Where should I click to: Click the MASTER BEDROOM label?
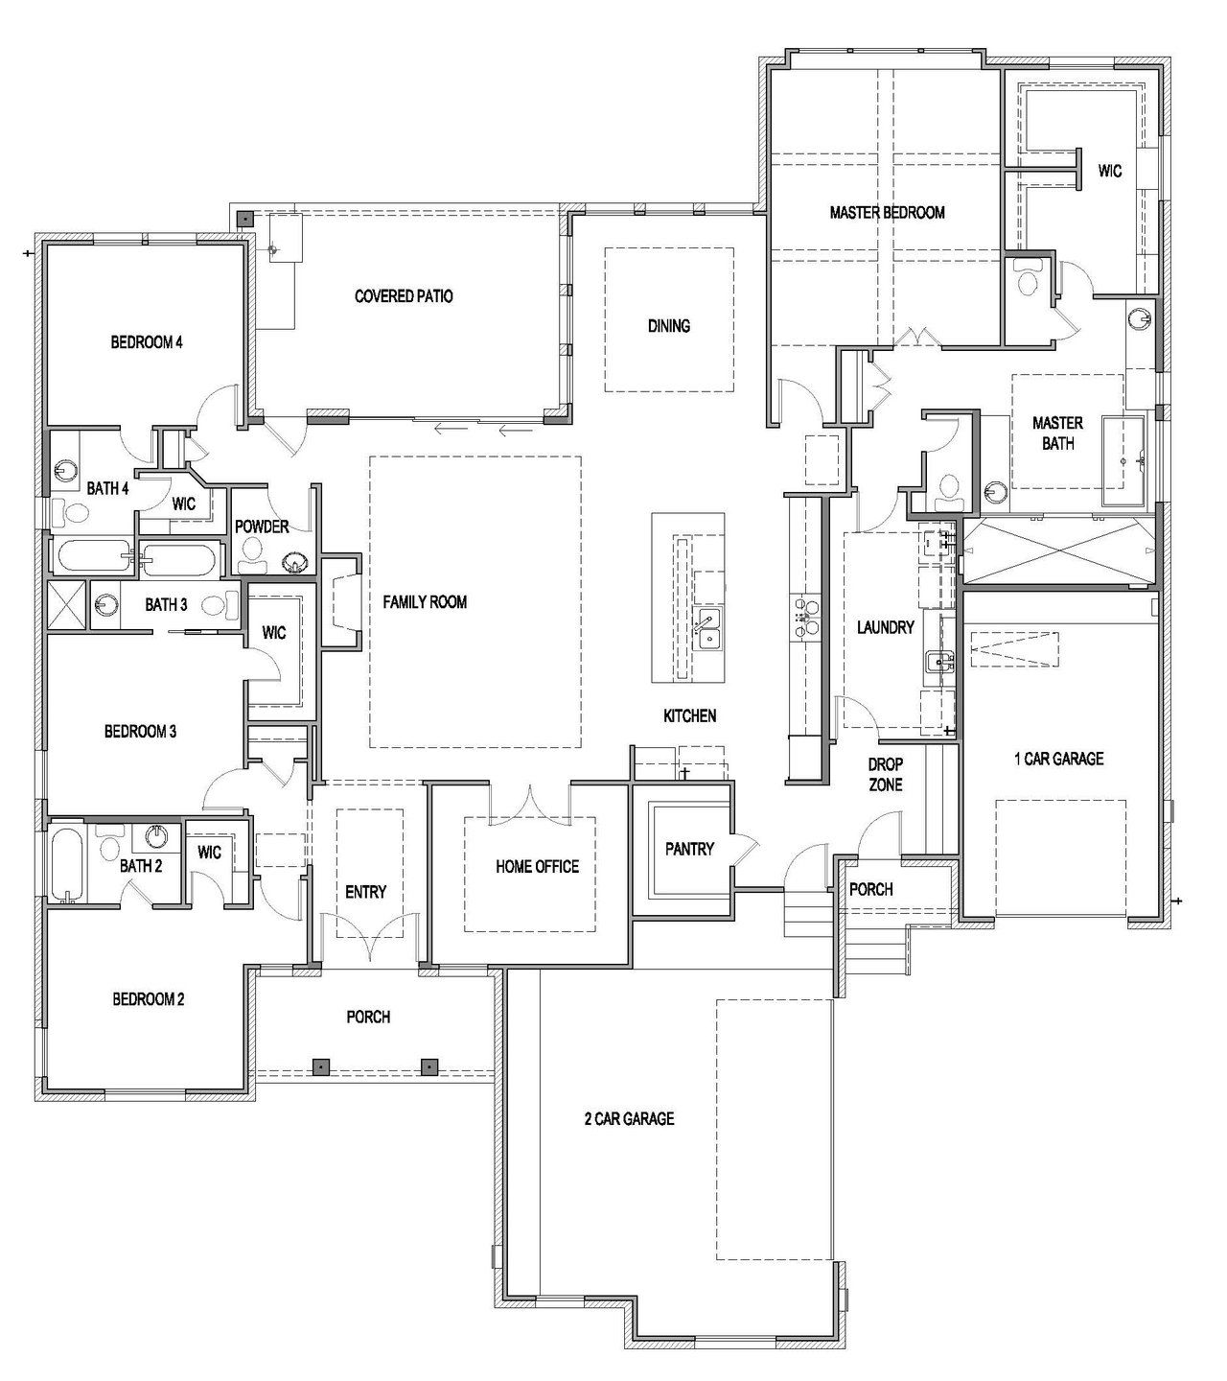click(887, 212)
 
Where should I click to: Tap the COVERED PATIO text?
click(404, 296)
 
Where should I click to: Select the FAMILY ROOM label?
click(425, 602)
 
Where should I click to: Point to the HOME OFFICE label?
click(537, 866)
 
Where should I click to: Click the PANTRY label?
click(689, 849)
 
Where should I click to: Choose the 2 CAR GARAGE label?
click(629, 1118)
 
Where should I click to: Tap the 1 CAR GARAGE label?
click(1058, 759)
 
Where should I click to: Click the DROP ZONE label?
click(885, 775)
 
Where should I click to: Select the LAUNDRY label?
click(885, 627)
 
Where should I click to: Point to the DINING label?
click(668, 326)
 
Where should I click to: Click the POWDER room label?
click(262, 527)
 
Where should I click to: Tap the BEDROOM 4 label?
click(147, 341)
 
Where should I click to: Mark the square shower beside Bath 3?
click(67, 604)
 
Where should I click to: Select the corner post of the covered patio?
click(246, 219)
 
